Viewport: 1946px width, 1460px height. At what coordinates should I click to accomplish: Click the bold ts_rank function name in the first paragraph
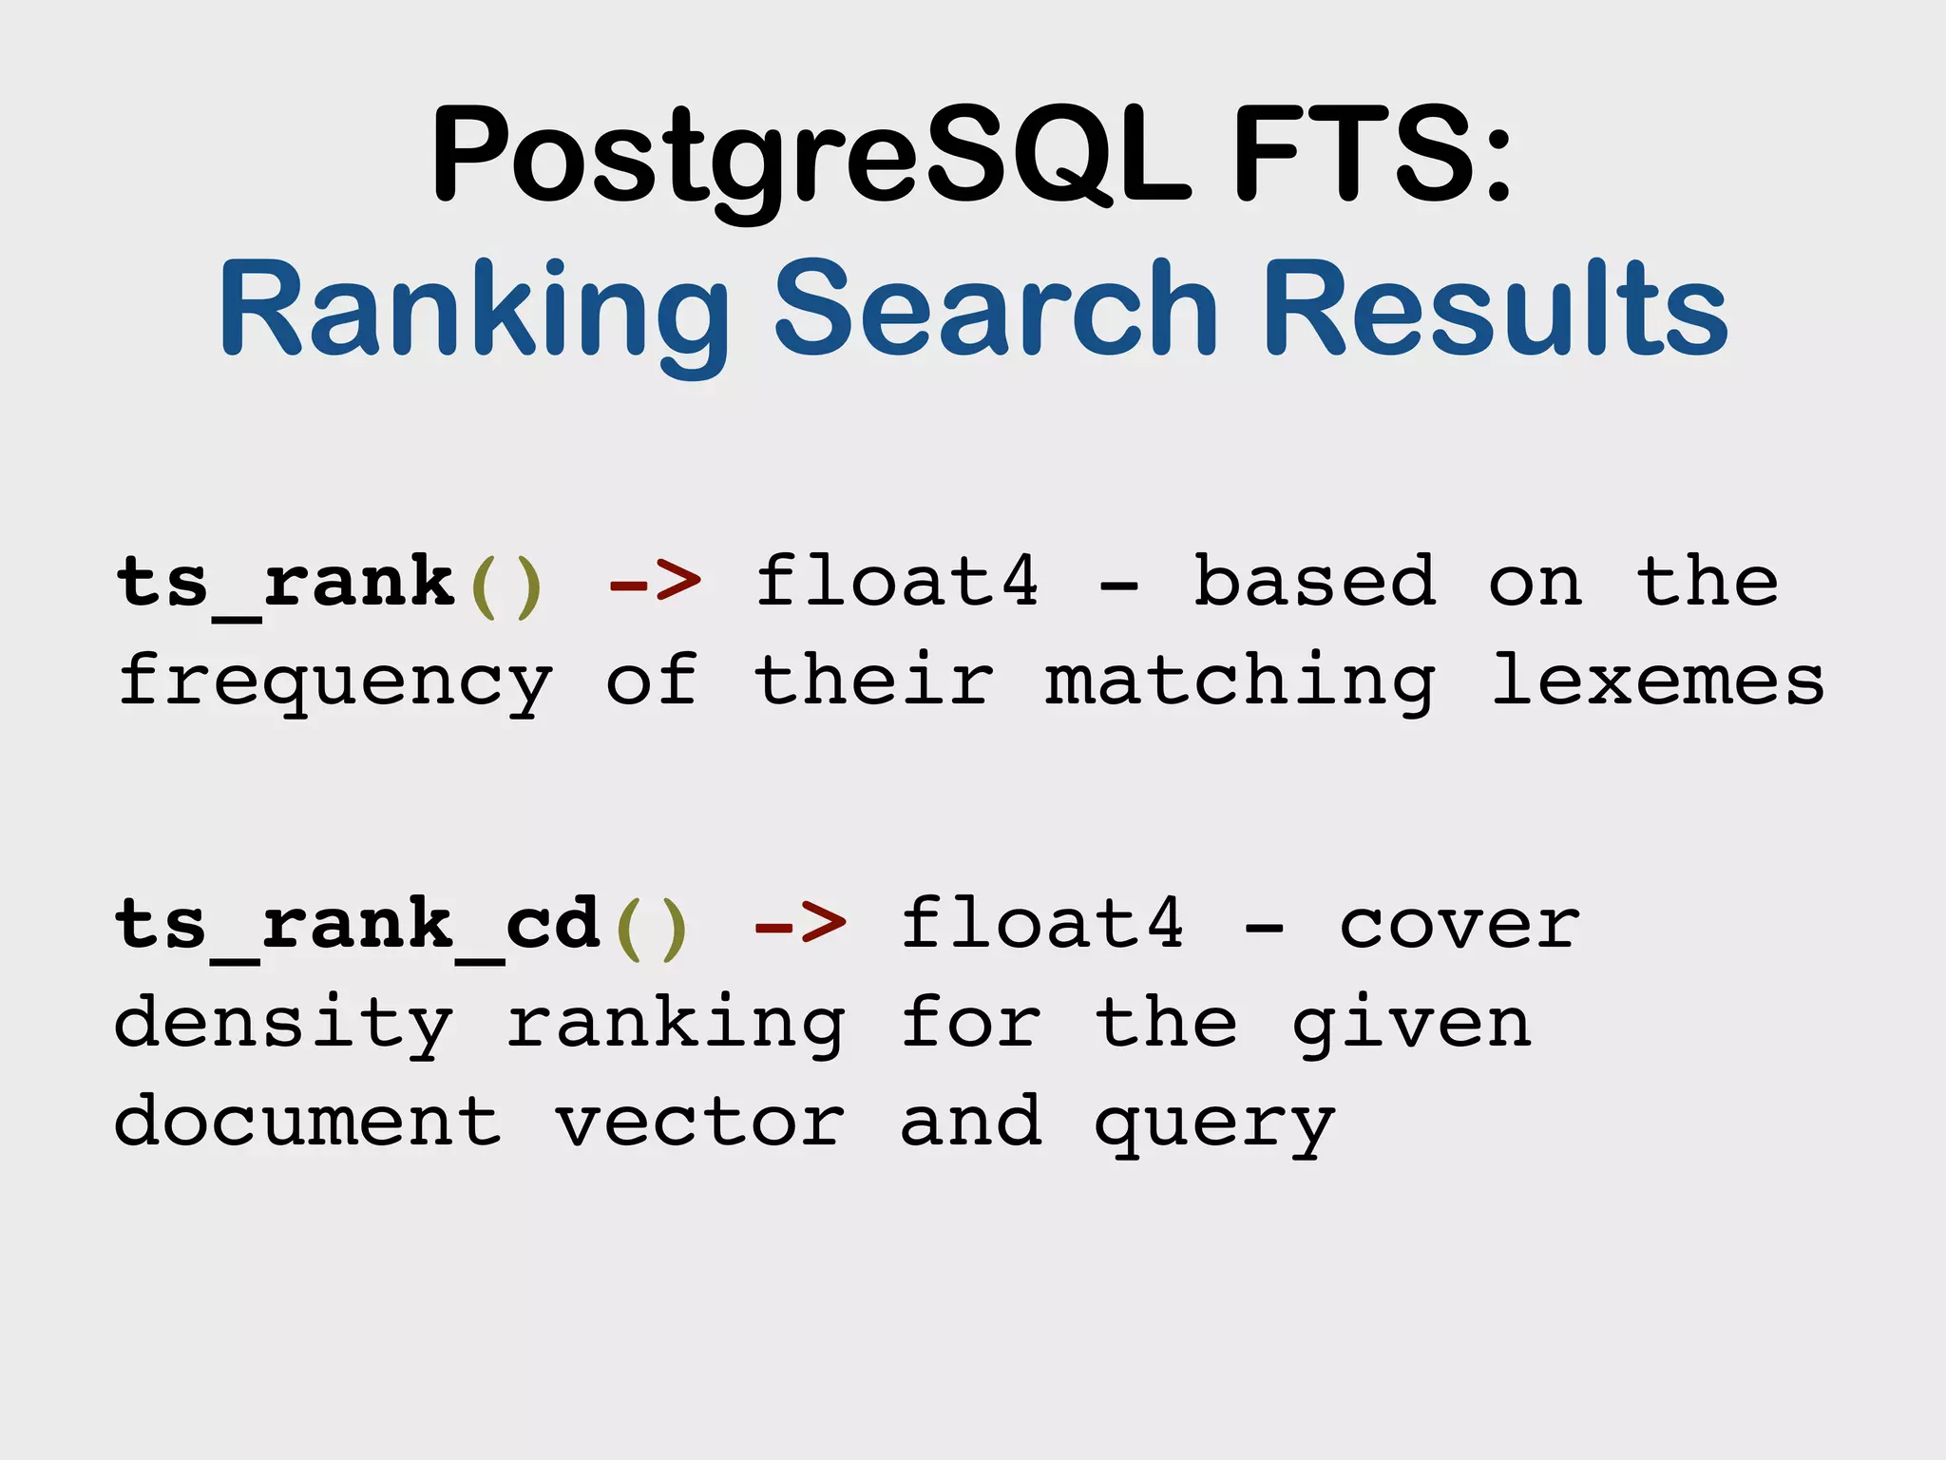[285, 583]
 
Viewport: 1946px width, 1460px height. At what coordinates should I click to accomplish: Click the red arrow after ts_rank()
[656, 581]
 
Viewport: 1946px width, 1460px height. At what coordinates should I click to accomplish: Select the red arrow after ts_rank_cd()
[800, 923]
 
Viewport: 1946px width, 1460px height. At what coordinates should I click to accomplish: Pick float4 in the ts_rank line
[897, 581]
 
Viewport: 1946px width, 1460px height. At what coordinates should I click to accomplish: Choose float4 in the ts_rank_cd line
[1042, 923]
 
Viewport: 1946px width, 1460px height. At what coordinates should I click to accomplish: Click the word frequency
[334, 682]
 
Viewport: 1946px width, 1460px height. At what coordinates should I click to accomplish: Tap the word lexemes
[1657, 681]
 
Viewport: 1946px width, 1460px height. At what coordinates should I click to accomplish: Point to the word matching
[1240, 682]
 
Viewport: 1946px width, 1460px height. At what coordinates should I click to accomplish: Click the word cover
[1459, 925]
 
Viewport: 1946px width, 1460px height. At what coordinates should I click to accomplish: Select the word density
[283, 1025]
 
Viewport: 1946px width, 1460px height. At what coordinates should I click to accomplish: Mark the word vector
[699, 1123]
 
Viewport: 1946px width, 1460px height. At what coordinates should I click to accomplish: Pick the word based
[1313, 581]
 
